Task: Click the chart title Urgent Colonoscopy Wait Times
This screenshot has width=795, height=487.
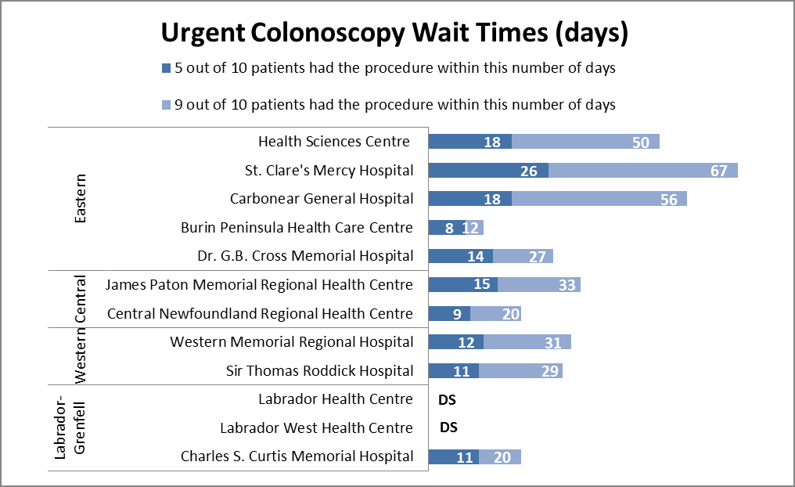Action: click(395, 33)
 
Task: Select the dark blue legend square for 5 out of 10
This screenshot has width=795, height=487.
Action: click(165, 68)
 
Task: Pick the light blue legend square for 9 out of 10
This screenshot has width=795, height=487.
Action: click(165, 105)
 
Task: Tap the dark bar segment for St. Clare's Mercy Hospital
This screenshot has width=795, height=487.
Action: click(488, 170)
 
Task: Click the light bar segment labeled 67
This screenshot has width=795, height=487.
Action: click(643, 170)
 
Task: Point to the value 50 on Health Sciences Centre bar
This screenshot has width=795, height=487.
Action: click(641, 142)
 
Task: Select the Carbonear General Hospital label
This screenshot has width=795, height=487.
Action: click(322, 199)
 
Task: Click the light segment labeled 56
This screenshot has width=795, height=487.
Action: click(599, 199)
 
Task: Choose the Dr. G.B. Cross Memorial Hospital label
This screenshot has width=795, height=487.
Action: click(305, 256)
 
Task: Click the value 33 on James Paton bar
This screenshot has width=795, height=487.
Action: click(567, 285)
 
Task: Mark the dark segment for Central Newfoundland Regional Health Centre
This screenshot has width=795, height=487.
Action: click(449, 313)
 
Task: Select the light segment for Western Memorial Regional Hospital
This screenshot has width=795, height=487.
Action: click(527, 342)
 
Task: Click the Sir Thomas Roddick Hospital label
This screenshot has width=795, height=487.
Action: click(319, 370)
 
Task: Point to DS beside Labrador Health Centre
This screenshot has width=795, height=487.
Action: click(447, 399)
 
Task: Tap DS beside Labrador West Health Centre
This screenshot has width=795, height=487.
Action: click(448, 427)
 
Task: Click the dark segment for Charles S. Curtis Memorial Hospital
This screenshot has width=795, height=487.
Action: click(454, 456)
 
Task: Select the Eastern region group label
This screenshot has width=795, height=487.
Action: click(80, 199)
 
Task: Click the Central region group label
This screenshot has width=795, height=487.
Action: click(80, 299)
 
